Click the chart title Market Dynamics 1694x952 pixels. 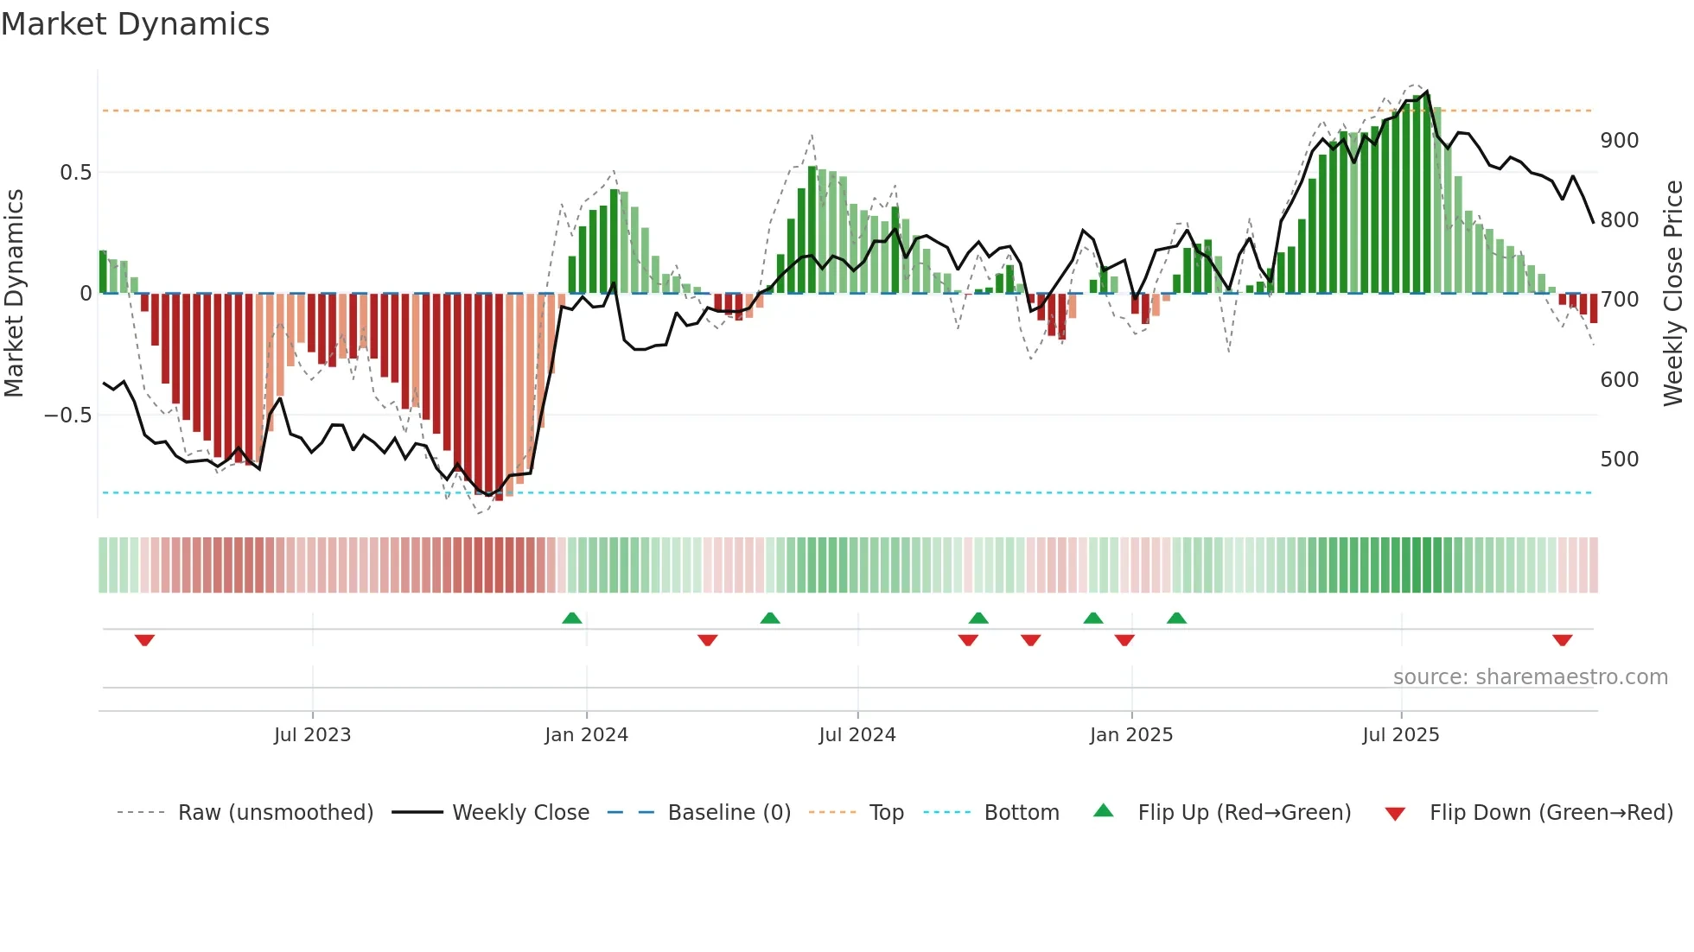135,24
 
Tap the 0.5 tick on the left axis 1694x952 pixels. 75,172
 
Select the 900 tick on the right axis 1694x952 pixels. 1619,141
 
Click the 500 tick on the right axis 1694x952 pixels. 1619,459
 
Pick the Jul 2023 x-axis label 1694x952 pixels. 312,735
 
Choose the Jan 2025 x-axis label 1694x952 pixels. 1130,735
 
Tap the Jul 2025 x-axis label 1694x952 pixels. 1400,735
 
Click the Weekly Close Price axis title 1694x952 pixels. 1673,294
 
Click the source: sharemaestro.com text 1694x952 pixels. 1530,677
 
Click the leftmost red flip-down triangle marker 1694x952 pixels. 144,640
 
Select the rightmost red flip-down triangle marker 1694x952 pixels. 1562,640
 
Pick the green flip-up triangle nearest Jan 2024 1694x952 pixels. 571,618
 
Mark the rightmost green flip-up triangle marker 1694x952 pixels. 1176,618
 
